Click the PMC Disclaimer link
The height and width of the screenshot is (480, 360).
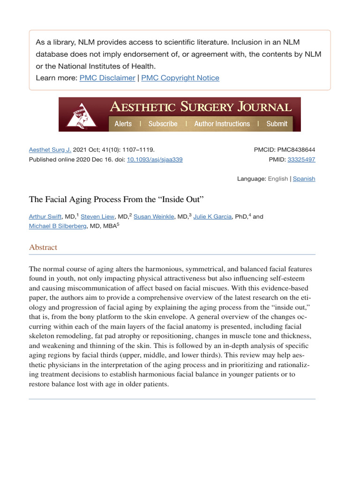tap(107, 78)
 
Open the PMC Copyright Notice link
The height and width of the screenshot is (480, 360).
tap(180, 78)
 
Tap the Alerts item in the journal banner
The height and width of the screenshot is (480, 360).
tap(123, 124)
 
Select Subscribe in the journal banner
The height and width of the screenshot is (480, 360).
tap(163, 124)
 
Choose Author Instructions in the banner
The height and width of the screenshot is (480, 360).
tap(222, 124)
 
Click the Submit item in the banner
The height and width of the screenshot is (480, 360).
tap(277, 124)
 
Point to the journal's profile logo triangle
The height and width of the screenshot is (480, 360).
tap(81, 115)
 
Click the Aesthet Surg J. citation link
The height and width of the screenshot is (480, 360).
tap(50, 150)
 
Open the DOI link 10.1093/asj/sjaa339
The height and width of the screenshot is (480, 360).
tap(155, 160)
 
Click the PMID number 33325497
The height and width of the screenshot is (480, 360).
tap(301, 160)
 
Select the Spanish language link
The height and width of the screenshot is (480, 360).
tap(304, 179)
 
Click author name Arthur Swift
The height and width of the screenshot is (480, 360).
tap(45, 217)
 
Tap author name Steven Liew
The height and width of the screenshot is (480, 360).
tap(97, 217)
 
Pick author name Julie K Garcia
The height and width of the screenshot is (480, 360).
tap(212, 217)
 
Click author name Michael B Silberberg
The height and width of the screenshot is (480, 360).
tap(58, 226)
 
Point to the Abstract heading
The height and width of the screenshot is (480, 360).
tap(43, 247)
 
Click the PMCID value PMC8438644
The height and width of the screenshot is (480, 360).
tap(296, 150)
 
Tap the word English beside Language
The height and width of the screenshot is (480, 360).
tap(278, 179)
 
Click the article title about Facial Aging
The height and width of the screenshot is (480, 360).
tap(116, 199)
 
